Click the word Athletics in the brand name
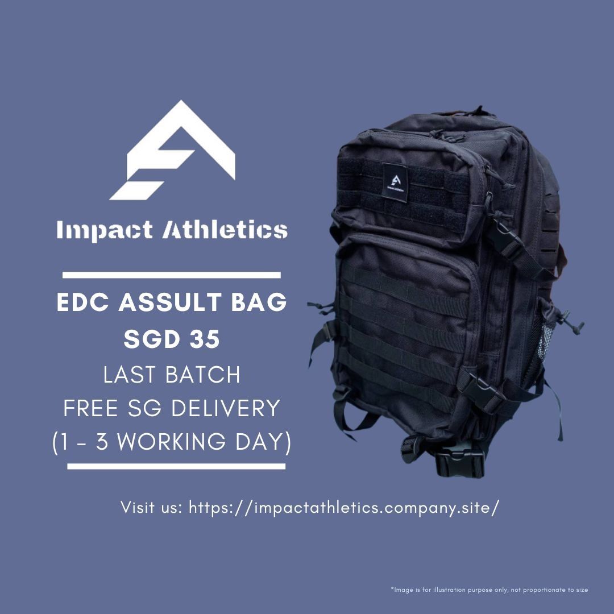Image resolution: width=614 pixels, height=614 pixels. tap(225, 230)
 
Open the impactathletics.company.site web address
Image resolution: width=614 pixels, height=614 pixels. tap(344, 507)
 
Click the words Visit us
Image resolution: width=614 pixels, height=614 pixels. tap(151, 507)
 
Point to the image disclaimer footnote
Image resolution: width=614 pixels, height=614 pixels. tap(489, 590)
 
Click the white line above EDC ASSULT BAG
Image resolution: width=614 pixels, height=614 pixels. tap(171, 275)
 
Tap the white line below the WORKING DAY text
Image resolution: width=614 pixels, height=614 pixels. tap(176, 467)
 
